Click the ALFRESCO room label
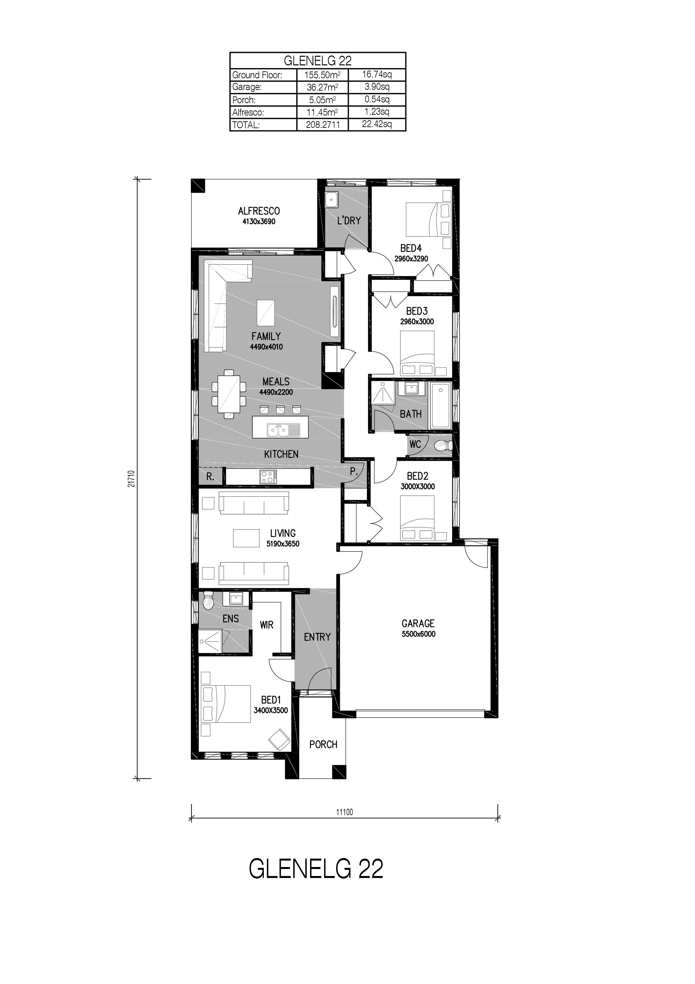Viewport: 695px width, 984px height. [x=259, y=211]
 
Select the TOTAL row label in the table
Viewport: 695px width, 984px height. [x=246, y=125]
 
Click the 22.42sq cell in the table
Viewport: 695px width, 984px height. [x=377, y=124]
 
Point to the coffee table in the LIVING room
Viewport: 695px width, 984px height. [x=246, y=538]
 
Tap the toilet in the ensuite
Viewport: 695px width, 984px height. [x=208, y=601]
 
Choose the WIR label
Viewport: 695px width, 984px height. [x=266, y=625]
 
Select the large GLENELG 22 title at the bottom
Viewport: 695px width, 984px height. [x=316, y=869]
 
